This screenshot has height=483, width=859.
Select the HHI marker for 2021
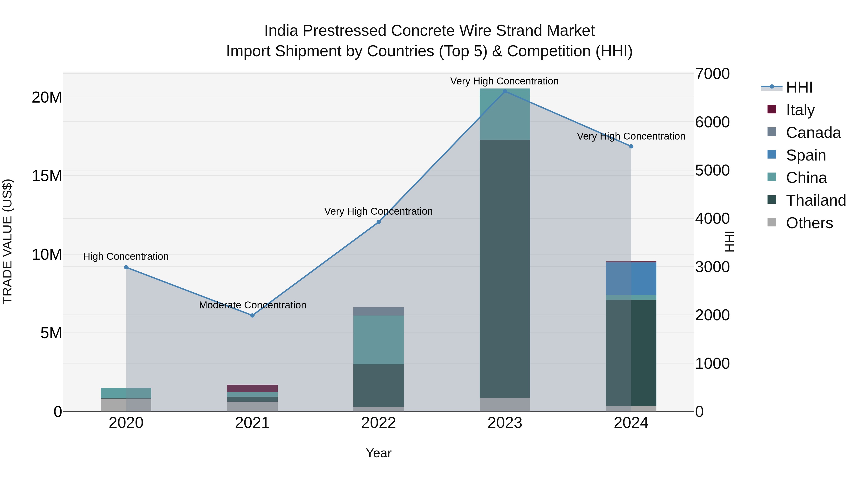(252, 315)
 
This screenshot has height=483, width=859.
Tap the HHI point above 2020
(126, 267)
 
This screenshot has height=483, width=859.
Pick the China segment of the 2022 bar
(378, 339)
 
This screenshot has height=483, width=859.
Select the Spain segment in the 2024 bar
(631, 279)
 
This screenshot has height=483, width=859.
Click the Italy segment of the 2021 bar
(252, 388)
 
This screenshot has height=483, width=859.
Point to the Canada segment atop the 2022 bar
(378, 311)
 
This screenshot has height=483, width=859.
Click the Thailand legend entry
(815, 200)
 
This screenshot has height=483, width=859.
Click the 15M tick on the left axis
(47, 176)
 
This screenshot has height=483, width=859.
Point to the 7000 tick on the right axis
(712, 74)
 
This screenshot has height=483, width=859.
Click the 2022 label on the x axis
(378, 423)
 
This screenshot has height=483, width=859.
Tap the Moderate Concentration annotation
(252, 305)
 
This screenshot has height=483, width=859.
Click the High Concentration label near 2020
(126, 256)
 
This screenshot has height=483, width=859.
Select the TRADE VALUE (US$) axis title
(7, 241)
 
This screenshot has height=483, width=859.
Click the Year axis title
(378, 453)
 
